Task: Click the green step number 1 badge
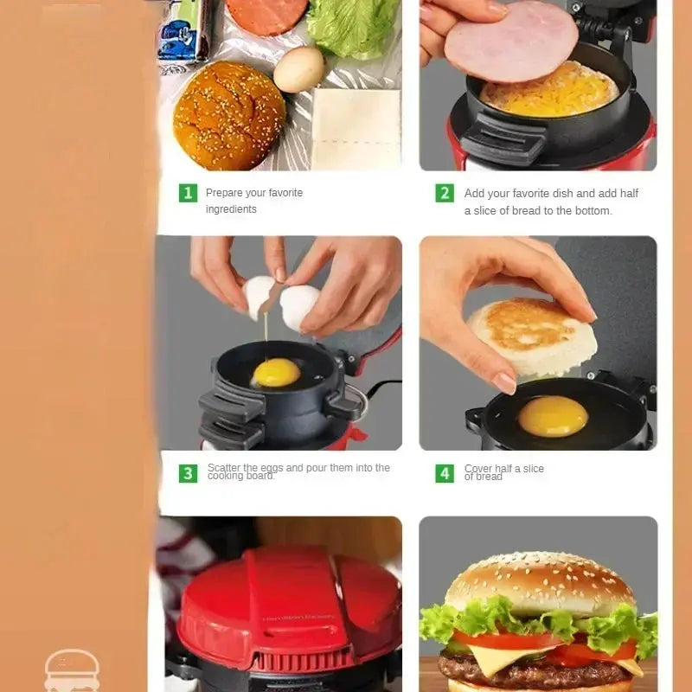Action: (188, 193)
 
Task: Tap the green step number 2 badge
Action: (445, 193)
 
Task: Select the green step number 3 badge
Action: (188, 473)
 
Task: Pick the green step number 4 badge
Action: (445, 473)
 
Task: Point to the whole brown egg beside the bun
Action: (298, 69)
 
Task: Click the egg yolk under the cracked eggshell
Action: (276, 373)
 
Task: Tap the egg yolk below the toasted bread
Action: (554, 416)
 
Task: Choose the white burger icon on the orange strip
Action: (72, 671)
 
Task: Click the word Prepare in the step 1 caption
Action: (226, 193)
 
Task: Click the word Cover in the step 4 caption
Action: (478, 468)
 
